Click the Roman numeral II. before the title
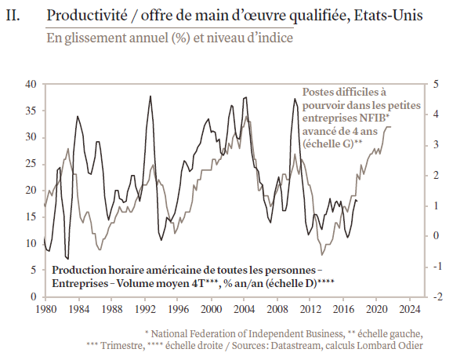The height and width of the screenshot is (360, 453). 13,16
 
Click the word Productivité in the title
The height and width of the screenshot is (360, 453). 87,16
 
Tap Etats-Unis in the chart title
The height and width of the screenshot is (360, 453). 388,16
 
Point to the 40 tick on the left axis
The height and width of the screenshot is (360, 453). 31,84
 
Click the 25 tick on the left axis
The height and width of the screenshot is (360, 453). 31,164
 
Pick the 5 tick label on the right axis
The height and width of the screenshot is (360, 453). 436,84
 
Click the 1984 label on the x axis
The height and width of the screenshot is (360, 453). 79,309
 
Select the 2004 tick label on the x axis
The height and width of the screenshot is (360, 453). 244,309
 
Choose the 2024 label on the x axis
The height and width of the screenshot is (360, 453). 409,309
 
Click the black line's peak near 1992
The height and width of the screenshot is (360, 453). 150,96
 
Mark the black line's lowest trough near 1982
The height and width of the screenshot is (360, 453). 68,259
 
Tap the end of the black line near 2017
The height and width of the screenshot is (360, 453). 357,201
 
